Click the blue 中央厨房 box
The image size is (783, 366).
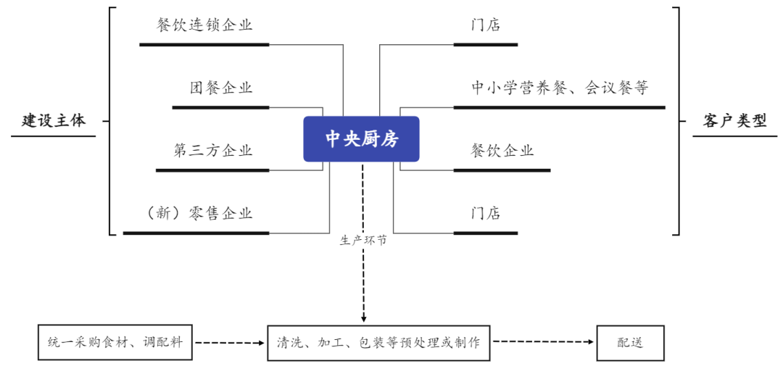point(361,139)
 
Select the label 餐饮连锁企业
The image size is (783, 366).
point(204,25)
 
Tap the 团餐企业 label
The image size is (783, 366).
point(221,88)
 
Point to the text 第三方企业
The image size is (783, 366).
point(213,151)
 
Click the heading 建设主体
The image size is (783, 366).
point(54,121)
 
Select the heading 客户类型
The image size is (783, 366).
point(734,121)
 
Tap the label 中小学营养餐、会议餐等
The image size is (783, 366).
point(559,88)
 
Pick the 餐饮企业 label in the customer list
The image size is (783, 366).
point(502,151)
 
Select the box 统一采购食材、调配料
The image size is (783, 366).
point(115,342)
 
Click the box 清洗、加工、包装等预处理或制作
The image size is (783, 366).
point(378,342)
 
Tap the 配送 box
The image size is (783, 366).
point(630,342)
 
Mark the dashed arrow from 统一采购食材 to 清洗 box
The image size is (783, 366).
point(230,342)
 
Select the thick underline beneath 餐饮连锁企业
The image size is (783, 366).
point(204,45)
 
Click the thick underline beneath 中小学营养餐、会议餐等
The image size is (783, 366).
point(559,107)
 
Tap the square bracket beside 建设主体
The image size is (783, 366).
point(111,121)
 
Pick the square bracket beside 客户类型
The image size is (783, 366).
point(677,121)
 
